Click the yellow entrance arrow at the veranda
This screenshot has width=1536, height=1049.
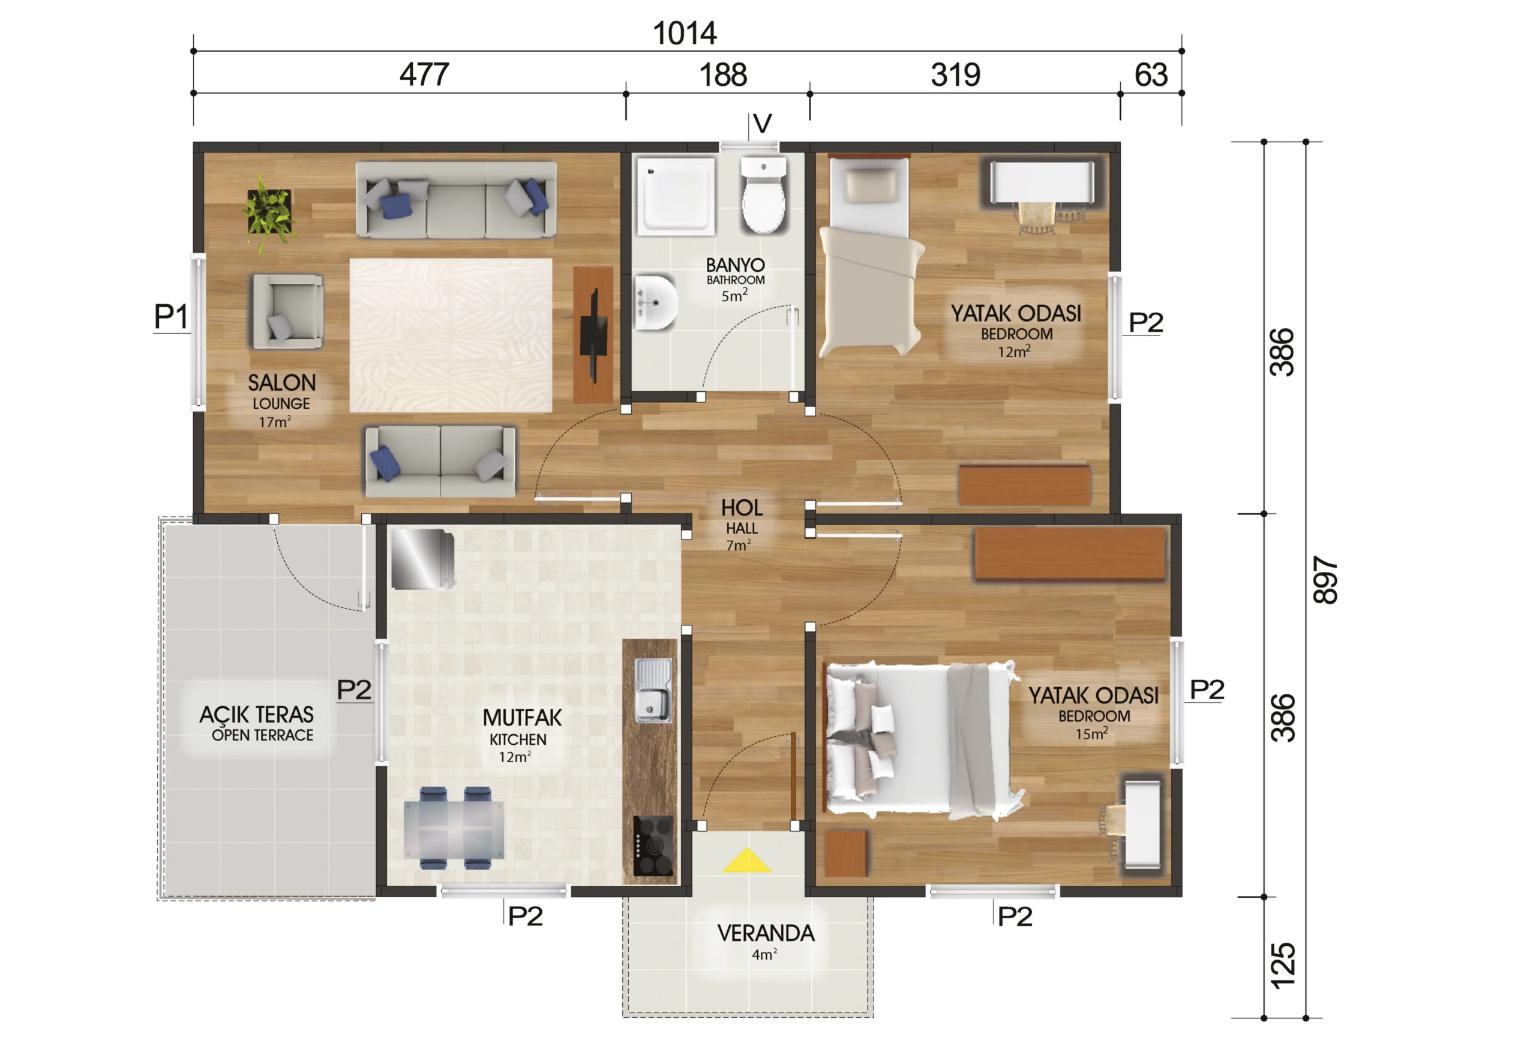pyautogui.click(x=747, y=861)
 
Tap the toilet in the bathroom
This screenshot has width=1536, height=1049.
pyautogui.click(x=763, y=194)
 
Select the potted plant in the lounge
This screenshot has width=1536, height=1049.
pyautogui.click(x=269, y=211)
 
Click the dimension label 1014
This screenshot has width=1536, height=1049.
pyautogui.click(x=685, y=33)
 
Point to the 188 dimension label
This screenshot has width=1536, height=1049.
pyautogui.click(x=723, y=74)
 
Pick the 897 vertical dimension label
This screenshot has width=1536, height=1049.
pyautogui.click(x=1325, y=580)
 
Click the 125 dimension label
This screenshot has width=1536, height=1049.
pyautogui.click(x=1283, y=966)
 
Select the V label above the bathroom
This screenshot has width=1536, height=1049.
pyautogui.click(x=763, y=124)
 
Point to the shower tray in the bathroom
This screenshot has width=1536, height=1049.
pyautogui.click(x=676, y=196)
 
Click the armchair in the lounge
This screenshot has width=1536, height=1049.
pyautogui.click(x=287, y=311)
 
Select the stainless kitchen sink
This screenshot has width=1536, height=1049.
pyautogui.click(x=653, y=691)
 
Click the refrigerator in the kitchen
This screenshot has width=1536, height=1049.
pyautogui.click(x=423, y=559)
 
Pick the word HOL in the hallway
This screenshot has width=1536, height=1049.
pyautogui.click(x=742, y=508)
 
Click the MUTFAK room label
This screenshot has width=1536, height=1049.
pyautogui.click(x=522, y=717)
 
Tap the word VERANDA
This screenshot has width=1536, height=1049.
pyautogui.click(x=766, y=933)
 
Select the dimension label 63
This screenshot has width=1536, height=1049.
pyautogui.click(x=1151, y=74)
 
